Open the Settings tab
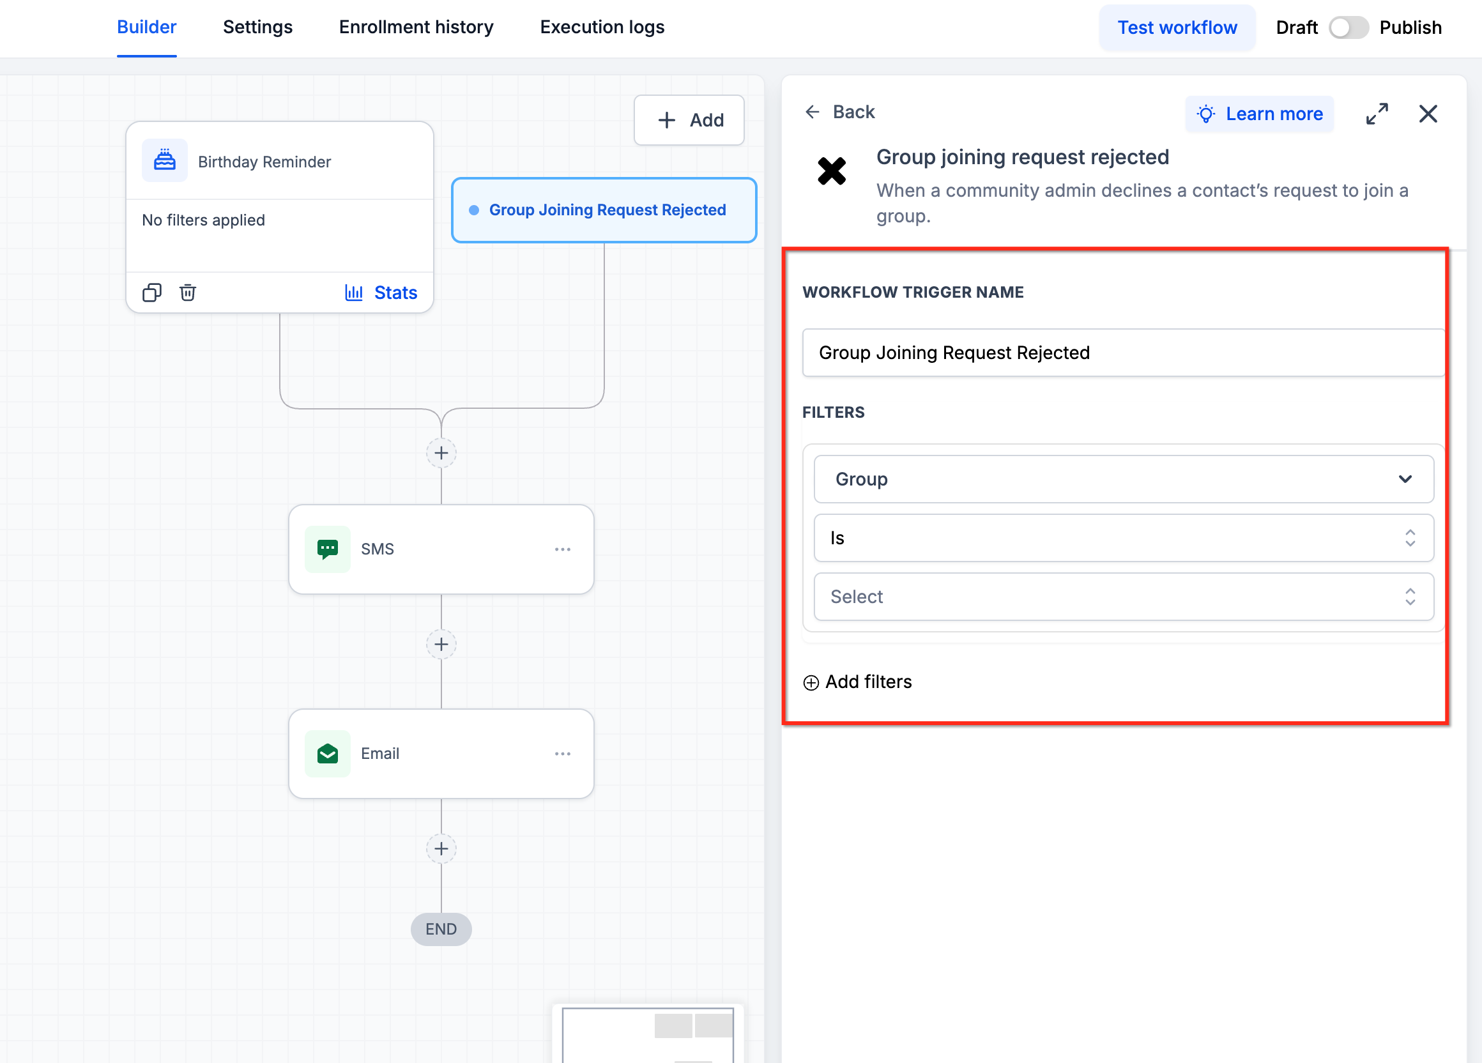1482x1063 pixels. [257, 27]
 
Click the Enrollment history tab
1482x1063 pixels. [416, 27]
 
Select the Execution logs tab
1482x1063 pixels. [602, 27]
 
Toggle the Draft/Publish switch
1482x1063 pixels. [1348, 27]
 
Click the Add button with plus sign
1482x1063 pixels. [689, 120]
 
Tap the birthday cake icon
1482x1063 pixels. [165, 160]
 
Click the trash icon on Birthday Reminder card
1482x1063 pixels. [188, 292]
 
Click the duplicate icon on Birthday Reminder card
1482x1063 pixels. [151, 292]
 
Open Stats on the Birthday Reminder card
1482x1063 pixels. [381, 293]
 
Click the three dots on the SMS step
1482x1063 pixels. [563, 549]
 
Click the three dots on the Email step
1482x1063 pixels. [563, 754]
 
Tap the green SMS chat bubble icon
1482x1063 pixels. [327, 549]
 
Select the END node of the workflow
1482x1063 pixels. [441, 928]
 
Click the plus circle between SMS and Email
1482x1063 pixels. [441, 644]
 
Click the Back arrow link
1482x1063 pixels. [839, 112]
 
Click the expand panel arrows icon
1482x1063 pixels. [1377, 114]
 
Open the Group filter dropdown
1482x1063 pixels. [1123, 480]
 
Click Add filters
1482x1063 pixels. [857, 682]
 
